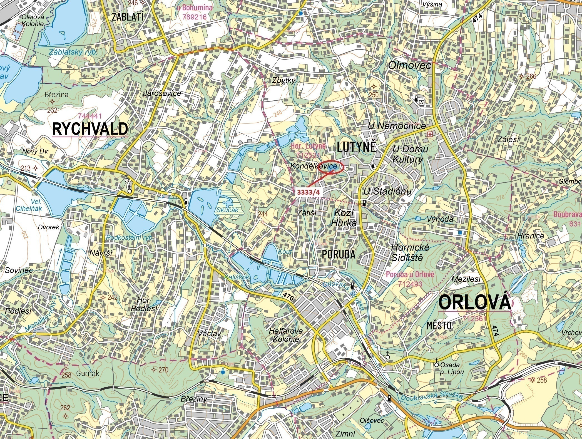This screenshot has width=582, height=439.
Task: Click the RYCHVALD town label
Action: click(90, 129)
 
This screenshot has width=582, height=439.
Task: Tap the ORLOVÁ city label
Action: click(474, 302)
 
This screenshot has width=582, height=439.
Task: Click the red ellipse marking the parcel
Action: click(331, 167)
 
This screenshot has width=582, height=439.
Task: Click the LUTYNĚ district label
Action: click(356, 147)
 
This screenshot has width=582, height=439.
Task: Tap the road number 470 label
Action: click(288, 296)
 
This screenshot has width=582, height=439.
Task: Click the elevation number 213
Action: click(26, 168)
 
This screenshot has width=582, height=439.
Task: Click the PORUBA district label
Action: click(338, 254)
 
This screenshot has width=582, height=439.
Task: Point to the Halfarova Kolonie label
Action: click(285, 335)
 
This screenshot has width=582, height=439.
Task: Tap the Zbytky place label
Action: click(283, 80)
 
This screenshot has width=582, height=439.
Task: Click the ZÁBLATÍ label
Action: click(128, 17)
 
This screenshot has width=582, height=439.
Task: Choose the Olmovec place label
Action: click(409, 66)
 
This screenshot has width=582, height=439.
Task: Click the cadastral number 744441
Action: click(90, 116)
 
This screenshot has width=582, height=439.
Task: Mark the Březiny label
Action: click(194, 399)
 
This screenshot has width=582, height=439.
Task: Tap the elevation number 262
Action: click(65, 408)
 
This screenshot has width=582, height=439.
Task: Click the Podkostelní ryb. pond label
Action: click(130, 238)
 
